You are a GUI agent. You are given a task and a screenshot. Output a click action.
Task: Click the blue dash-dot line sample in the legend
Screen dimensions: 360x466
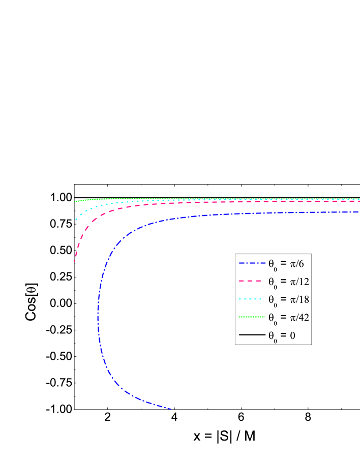point(252,263)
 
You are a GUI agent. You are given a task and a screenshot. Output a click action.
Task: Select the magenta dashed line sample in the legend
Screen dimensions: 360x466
point(252,281)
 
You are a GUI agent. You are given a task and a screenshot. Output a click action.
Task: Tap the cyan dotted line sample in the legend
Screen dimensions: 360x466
point(252,299)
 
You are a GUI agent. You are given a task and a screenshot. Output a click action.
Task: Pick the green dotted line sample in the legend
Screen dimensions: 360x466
point(252,317)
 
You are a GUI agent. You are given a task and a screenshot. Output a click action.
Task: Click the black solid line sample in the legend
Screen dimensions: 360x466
point(252,335)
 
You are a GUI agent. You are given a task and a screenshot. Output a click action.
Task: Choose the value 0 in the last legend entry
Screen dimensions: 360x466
point(292,335)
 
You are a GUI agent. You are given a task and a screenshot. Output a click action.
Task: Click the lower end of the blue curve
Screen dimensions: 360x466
point(171,409)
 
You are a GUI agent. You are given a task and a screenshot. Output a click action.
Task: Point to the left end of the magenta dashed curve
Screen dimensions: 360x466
point(75,261)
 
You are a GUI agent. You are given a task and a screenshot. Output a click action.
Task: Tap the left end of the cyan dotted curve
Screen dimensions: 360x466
point(76,220)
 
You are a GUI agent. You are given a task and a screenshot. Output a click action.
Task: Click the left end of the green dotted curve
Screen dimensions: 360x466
point(75,202)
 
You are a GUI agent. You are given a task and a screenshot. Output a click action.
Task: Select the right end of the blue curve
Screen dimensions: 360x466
point(358,212)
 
